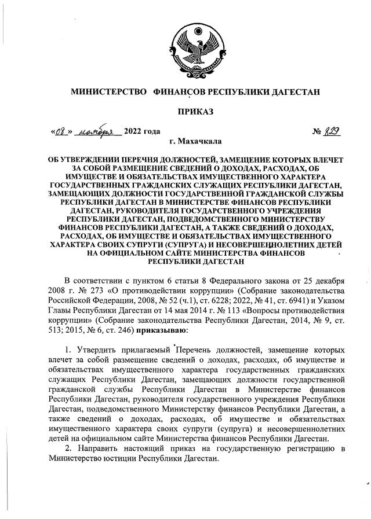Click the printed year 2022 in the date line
[x=134, y=131]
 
